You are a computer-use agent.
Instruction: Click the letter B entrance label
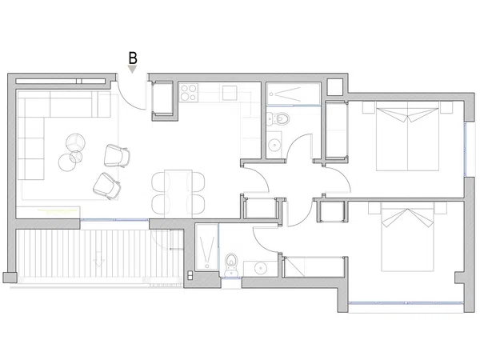(133, 58)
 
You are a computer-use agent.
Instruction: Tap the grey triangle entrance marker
(132, 69)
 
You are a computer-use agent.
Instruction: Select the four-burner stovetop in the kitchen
(188, 93)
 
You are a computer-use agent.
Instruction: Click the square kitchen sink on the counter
(230, 93)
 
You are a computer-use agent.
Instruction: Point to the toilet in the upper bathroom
(278, 118)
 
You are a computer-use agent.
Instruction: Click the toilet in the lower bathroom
(231, 264)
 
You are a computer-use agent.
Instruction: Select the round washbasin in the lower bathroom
(261, 269)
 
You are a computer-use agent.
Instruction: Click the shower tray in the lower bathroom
(207, 248)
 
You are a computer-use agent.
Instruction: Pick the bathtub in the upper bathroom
(294, 94)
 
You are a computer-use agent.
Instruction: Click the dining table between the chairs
(178, 192)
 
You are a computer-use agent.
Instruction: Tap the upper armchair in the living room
(117, 156)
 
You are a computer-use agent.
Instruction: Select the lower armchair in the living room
(107, 186)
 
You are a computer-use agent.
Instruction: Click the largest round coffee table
(68, 162)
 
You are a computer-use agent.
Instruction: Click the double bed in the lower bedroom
(407, 237)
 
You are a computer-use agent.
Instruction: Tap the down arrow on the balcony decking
(98, 259)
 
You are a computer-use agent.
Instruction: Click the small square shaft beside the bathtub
(335, 87)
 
